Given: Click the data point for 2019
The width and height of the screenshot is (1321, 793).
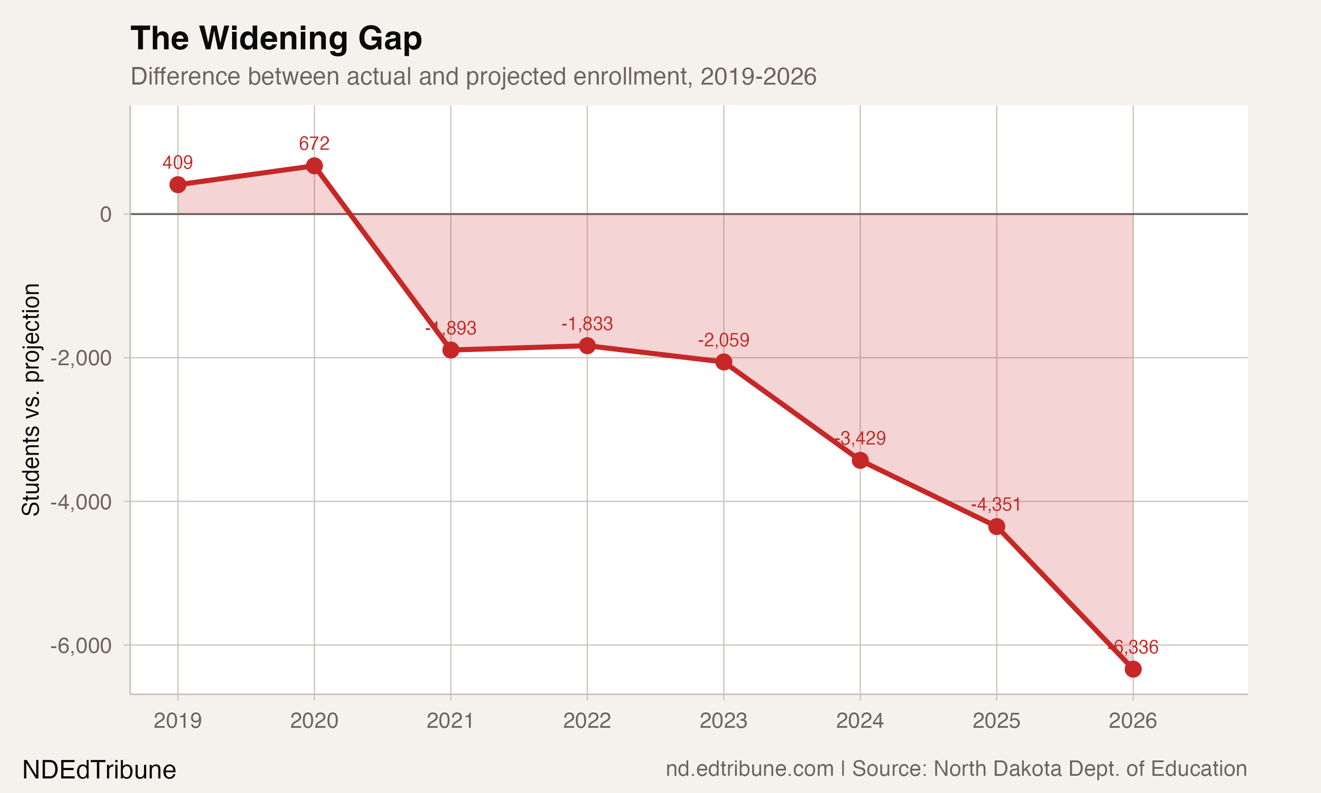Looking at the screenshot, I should (178, 185).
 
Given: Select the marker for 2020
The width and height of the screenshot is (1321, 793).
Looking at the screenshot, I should (314, 166).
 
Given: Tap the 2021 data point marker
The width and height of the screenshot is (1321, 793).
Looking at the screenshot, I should (450, 350).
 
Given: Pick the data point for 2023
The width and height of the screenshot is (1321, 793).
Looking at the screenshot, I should (723, 362).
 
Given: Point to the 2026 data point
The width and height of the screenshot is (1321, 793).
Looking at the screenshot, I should (1133, 669).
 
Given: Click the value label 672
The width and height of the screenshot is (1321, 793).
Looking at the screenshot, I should (314, 143).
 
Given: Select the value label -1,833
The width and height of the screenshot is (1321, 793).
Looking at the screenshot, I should (587, 324).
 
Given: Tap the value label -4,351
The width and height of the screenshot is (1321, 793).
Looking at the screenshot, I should (996, 504).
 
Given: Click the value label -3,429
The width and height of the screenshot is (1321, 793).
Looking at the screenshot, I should (860, 438).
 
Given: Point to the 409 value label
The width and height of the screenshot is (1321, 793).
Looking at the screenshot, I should (178, 163).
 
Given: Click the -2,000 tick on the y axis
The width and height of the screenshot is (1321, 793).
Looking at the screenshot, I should (81, 358).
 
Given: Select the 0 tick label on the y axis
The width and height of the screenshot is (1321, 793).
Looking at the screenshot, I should (106, 214).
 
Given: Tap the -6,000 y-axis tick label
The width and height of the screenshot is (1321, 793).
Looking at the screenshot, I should (81, 645).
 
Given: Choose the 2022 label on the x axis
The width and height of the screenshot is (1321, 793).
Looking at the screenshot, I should (587, 721).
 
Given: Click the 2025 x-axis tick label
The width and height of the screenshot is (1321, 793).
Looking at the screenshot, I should (996, 721).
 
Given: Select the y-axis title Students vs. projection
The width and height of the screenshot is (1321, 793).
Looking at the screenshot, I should (31, 399).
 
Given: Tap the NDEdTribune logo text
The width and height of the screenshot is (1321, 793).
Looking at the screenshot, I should (100, 770).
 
